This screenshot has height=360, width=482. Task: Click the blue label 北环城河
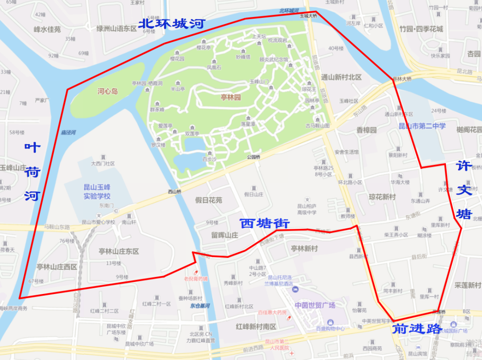171,24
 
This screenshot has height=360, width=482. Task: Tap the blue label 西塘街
265,223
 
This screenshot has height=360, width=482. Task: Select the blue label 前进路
416,329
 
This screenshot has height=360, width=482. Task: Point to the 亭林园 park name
231,97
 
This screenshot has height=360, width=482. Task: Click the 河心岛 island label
108,91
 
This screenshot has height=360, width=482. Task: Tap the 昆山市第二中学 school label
422,126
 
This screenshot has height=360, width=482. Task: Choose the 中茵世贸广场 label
315,306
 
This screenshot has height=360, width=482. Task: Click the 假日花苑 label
208,200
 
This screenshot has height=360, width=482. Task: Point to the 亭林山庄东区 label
119,252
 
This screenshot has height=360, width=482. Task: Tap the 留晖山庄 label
225,235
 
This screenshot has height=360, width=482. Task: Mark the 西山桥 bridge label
175,192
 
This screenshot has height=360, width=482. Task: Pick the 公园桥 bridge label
253,157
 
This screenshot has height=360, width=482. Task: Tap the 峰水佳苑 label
47,29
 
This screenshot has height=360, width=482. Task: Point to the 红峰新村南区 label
256,327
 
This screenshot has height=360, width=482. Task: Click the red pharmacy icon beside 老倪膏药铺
195,272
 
